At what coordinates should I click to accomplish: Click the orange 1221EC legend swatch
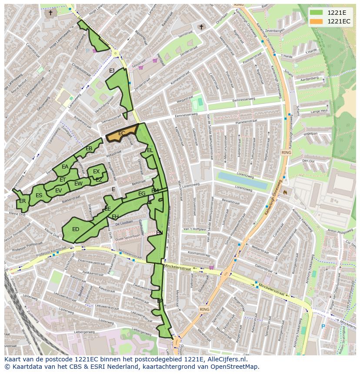pos(317,21)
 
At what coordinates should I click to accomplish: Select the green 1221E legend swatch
pos(317,12)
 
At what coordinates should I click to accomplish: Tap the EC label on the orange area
pos(122,133)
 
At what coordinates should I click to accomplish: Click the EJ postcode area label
pos(112,71)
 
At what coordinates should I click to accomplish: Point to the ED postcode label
pos(76,229)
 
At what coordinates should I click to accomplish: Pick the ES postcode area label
pos(39,195)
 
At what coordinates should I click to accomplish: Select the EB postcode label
pos(89,149)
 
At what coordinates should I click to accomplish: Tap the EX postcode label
pos(96,172)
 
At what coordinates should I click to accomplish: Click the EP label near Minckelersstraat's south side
pos(160,301)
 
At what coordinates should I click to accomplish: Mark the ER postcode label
pos(22,201)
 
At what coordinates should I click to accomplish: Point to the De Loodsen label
pos(124,222)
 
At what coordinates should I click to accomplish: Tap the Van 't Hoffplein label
pos(194,229)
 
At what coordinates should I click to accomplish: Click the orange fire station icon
pos(285,191)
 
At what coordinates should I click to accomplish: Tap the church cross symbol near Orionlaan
pos(201,27)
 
